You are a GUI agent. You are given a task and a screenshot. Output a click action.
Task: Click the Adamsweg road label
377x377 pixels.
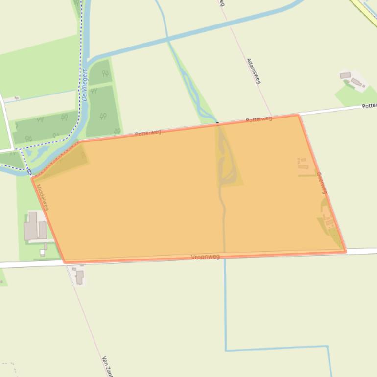pos(253,71)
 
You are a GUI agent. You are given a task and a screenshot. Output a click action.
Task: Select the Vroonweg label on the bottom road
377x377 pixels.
pos(205,257)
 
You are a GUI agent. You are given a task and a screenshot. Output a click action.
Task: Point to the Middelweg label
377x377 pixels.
pos(43,197)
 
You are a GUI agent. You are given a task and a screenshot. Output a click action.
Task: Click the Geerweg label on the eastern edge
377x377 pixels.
pos(322,183)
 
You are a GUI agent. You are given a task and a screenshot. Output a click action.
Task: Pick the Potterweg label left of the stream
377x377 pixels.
pos(148,133)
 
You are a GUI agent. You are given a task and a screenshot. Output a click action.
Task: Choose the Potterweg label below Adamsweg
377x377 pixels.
pos(259,119)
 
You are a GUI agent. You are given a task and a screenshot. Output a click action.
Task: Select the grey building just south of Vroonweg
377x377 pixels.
pos(79,277)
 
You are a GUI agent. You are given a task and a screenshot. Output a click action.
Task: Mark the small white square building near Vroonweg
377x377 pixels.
pos(43,252)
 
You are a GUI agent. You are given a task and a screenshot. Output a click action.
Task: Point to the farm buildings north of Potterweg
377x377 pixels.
pos(352,80)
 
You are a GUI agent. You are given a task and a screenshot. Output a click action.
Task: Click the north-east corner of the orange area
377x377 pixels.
pos(298,115)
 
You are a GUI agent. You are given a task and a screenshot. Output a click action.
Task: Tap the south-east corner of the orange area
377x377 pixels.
pos(346,252)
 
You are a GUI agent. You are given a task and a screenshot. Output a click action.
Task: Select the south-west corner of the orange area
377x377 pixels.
pos(65,262)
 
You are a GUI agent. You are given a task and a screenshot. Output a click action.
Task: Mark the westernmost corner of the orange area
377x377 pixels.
pos(32,179)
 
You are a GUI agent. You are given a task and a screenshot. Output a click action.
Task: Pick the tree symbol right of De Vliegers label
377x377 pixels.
pos(105,73)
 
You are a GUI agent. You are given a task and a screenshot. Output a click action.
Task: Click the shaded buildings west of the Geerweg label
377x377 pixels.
pos(303,164)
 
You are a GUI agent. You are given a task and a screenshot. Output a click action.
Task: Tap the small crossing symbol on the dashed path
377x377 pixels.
pos(29,172)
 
